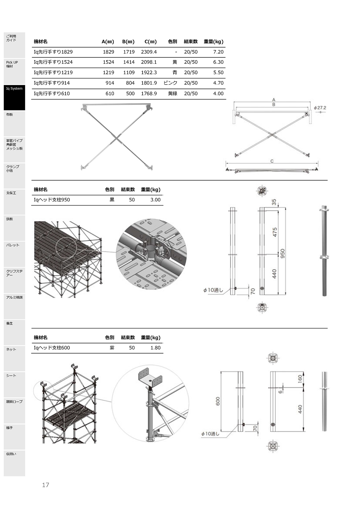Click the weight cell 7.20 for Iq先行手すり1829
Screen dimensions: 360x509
[x=218, y=52]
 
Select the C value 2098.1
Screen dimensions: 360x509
[x=149, y=62]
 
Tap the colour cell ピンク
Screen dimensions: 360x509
[x=170, y=83]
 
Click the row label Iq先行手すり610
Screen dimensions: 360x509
[x=52, y=94]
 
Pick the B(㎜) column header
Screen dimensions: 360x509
[x=128, y=42]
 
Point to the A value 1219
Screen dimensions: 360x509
[x=109, y=73]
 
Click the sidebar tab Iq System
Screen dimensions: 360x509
[x=14, y=97]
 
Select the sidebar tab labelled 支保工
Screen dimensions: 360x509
[x=14, y=202]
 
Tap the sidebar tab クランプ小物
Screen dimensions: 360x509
[x=14, y=176]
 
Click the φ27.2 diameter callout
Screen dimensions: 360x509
[x=320, y=108]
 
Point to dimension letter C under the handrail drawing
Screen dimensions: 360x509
[x=272, y=161]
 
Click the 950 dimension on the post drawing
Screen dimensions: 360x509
[x=283, y=253]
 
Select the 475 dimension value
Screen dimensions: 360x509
[x=275, y=232]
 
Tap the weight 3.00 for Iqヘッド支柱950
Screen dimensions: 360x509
[x=155, y=200]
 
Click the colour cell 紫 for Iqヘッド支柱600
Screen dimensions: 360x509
[x=112, y=348]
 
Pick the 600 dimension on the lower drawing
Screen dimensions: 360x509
[x=218, y=401]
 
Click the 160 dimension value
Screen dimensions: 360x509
[x=300, y=379]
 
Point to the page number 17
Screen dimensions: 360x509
[x=46, y=485]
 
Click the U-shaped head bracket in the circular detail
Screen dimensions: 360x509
[x=150, y=377]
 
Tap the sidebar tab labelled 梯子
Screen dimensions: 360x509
[x=14, y=437]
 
